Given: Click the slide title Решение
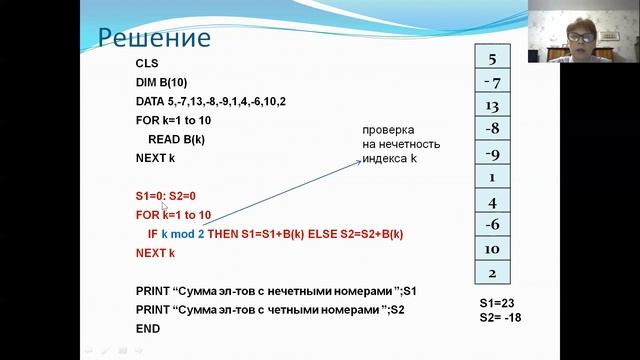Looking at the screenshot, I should point(153,38).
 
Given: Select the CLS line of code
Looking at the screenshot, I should point(147,63).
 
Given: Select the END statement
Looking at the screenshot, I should point(148,329).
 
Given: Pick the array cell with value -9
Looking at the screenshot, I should point(491,154).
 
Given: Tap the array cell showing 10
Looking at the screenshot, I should point(491,249).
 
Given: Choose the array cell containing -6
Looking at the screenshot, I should point(491,225).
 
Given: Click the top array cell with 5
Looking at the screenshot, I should point(491,59).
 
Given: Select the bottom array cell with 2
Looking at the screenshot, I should point(491,273).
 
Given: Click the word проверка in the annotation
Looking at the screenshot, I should point(388,131).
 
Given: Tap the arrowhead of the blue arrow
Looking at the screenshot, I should point(362,160).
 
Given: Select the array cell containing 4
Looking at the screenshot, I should point(491,202).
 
